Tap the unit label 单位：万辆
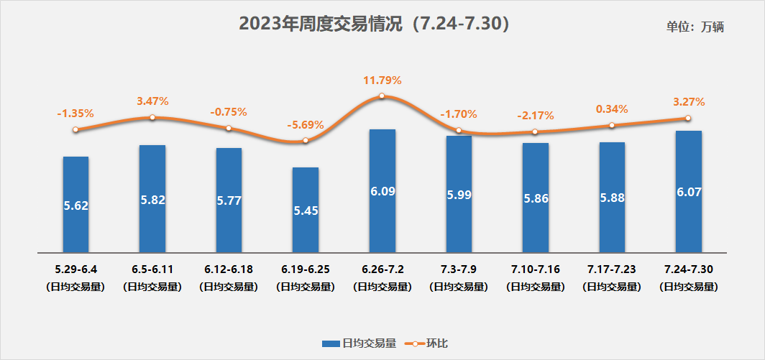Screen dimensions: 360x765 [x=695, y=27]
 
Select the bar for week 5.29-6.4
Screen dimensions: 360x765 [x=75, y=205]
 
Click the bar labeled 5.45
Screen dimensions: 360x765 [x=306, y=210]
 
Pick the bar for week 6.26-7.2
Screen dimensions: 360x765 [x=382, y=191]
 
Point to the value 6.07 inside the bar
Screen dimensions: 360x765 [x=688, y=193]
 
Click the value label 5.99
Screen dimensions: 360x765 [x=459, y=195]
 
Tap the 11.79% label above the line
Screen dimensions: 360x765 [x=382, y=80]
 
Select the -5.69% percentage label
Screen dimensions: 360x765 [x=306, y=124]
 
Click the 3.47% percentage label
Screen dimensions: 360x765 [x=152, y=101]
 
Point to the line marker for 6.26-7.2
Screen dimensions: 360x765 [x=382, y=96]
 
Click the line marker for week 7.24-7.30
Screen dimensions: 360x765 [x=688, y=118]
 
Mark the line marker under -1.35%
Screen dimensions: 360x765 [x=75, y=129]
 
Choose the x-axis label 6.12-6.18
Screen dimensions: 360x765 [x=229, y=269]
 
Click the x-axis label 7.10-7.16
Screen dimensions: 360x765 [x=535, y=269]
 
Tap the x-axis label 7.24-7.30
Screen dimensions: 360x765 [x=688, y=269]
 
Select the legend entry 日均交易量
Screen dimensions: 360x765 [x=359, y=343]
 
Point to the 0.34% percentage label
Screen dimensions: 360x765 [x=612, y=109]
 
